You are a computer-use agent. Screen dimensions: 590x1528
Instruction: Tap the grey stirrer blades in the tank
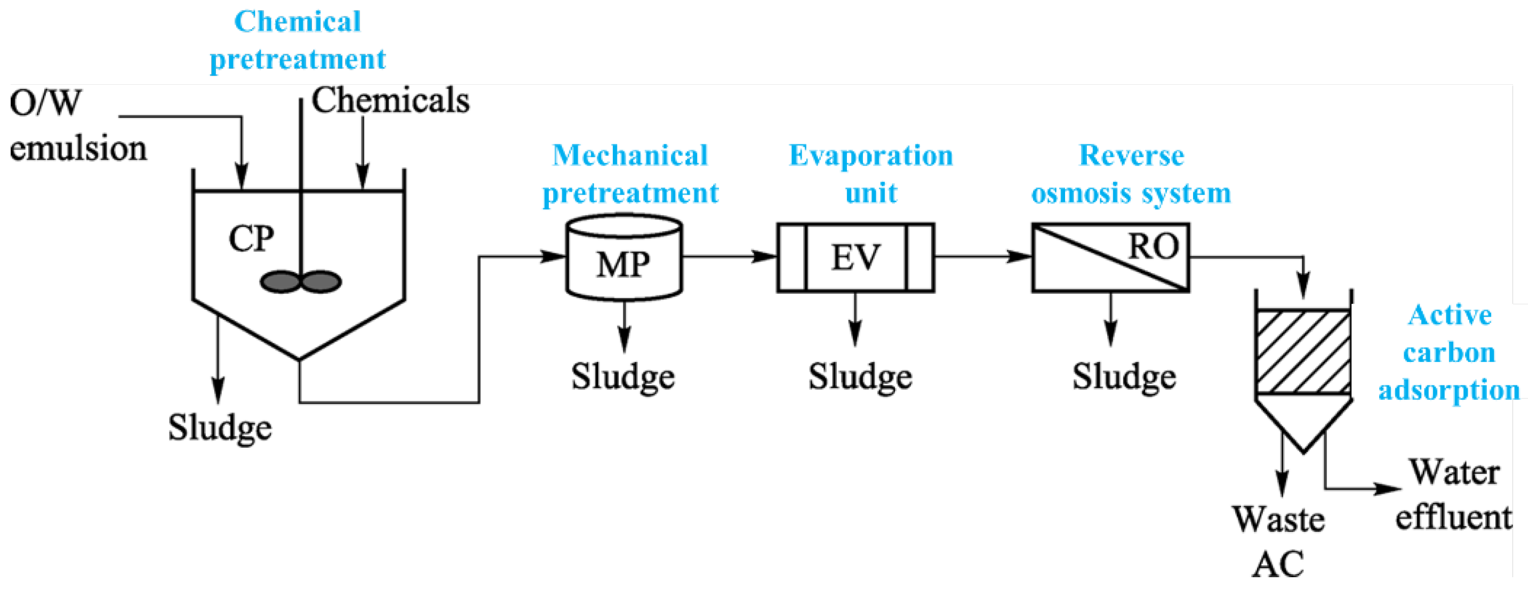pos(301,281)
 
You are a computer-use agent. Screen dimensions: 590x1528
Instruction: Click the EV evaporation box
pos(855,258)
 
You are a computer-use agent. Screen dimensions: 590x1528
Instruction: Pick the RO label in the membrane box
pos(1153,246)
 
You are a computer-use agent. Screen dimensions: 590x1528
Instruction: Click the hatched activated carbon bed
pos(1303,352)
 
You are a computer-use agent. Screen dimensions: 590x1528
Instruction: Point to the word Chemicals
pos(390,100)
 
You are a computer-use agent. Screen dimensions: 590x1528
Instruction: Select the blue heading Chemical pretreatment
pos(298,41)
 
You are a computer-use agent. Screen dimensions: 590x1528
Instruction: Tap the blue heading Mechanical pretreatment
pos(630,174)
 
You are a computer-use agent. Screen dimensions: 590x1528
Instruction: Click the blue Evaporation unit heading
pos(871,174)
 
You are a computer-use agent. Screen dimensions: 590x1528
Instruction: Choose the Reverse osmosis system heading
pos(1131,174)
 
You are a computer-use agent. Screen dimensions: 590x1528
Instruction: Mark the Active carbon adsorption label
pos(1449,352)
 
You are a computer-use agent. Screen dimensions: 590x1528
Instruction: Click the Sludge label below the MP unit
pos(623,376)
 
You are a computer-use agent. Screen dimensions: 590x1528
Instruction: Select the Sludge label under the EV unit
pos(860,376)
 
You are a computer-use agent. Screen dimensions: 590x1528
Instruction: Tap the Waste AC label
pos(1278,541)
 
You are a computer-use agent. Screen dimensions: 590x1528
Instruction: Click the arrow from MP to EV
pos(730,257)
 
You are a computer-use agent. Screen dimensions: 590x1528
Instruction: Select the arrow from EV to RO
pos(983,257)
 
